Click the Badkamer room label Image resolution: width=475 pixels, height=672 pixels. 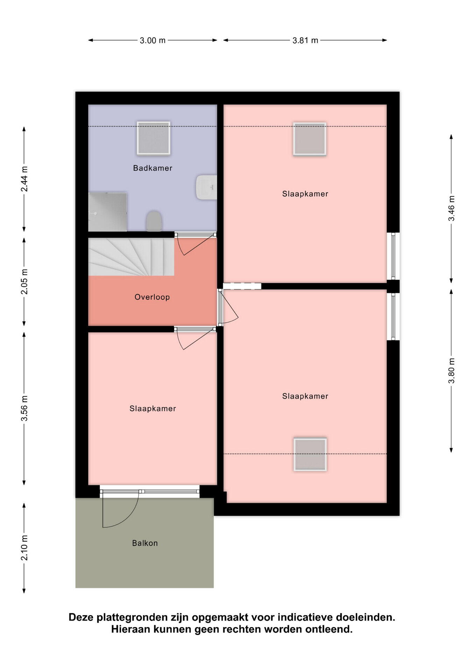[x=153, y=168]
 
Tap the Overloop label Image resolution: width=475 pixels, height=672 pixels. [x=152, y=297]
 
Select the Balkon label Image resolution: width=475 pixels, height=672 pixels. [x=145, y=543]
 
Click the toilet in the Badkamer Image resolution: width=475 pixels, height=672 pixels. [x=154, y=221]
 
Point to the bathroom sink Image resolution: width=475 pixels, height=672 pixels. [x=206, y=187]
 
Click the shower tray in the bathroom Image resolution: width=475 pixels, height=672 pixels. [x=107, y=212]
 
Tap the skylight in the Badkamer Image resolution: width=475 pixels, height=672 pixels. [x=154, y=138]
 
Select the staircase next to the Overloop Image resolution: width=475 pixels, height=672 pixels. [x=131, y=257]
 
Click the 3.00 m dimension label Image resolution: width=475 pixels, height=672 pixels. [x=153, y=40]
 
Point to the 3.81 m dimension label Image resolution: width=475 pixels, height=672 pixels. [x=305, y=40]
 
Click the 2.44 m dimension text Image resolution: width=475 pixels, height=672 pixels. [x=24, y=179]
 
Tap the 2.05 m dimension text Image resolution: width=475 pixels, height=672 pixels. [x=24, y=282]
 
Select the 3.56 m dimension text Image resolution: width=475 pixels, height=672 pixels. [x=24, y=408]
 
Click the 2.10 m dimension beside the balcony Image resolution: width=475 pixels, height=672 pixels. [x=24, y=548]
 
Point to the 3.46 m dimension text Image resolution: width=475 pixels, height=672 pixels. [x=452, y=209]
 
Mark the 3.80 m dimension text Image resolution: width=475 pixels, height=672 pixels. [x=452, y=371]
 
